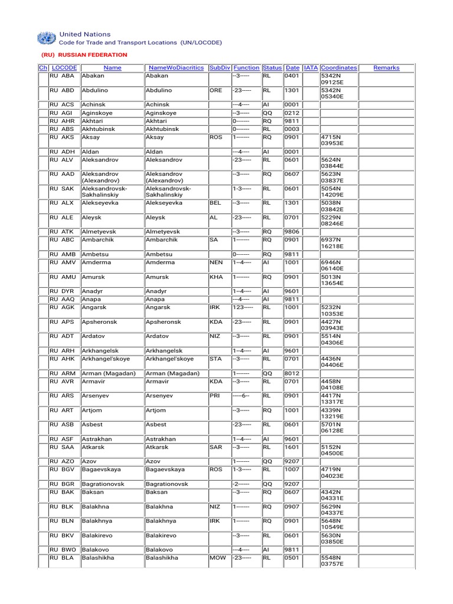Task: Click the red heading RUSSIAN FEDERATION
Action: point(84,55)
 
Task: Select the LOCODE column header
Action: point(64,68)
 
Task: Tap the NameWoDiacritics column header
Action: point(176,68)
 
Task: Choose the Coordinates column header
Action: point(339,68)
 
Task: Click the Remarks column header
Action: point(386,68)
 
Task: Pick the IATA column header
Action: point(310,68)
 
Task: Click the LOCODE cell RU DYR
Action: point(62,291)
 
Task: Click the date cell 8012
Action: point(292,373)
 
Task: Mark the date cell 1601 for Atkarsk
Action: point(292,448)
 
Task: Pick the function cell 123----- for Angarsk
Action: point(241,307)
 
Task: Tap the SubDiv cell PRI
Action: point(215,396)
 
